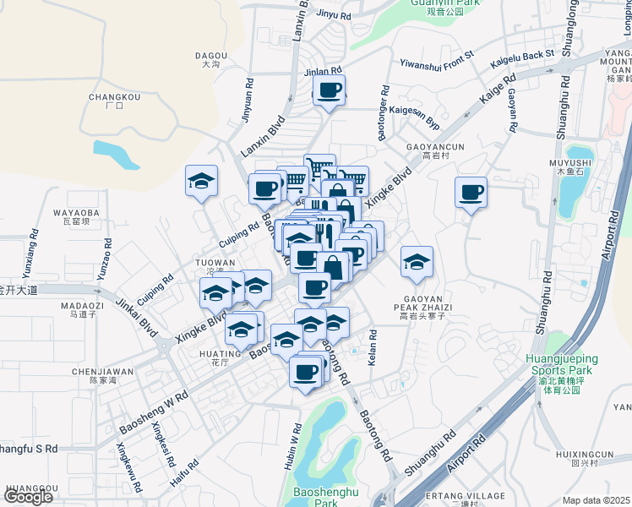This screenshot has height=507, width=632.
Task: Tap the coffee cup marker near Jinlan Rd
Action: click(x=329, y=90)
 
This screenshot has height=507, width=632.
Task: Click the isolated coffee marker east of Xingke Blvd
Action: click(x=471, y=193)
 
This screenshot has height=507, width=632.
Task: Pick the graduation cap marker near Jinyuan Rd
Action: click(x=202, y=180)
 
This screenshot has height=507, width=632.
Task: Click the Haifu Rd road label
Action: click(x=178, y=476)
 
